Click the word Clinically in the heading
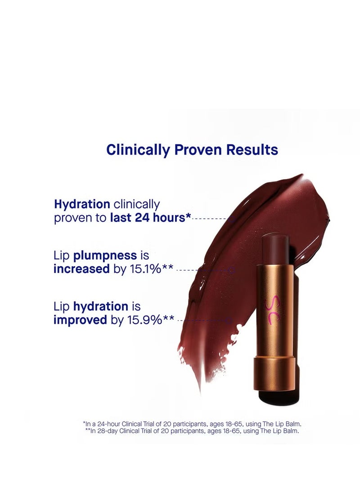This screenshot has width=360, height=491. click(138, 150)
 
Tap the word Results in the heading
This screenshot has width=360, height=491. click(252, 149)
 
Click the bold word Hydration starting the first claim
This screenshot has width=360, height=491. click(82, 204)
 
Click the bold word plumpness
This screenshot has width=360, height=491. click(105, 256)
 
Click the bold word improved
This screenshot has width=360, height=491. click(81, 320)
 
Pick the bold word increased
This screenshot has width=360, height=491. click(81, 269)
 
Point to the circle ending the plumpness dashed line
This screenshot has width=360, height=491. click(231, 270)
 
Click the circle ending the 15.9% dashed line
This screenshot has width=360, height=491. click(229, 320)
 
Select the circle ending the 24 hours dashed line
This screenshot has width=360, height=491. click(232, 219)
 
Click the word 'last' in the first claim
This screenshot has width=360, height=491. click(121, 217)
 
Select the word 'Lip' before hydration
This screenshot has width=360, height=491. click(61, 307)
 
